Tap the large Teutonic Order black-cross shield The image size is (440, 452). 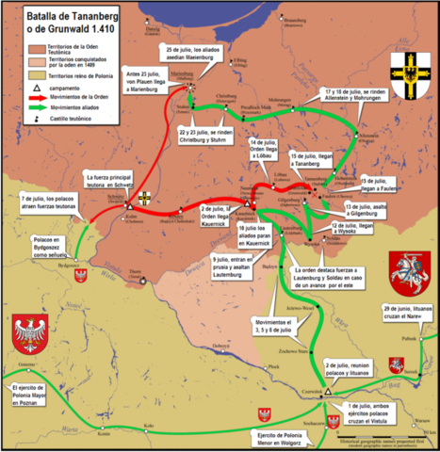412,67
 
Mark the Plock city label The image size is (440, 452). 273,365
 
